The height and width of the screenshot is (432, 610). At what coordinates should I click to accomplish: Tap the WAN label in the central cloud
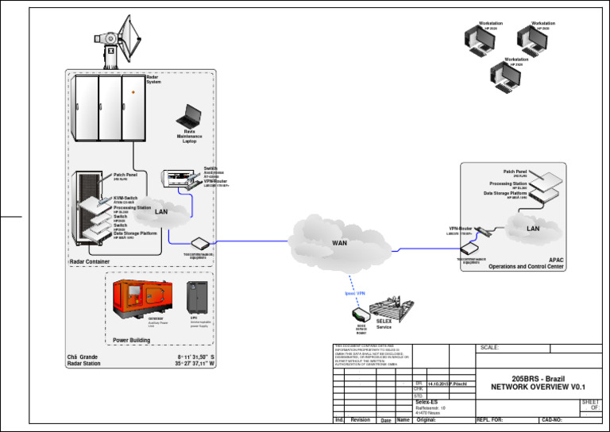click(x=339, y=242)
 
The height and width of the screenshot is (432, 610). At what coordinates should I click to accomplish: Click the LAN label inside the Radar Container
click(x=161, y=212)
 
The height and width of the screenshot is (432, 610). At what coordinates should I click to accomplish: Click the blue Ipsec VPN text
click(x=355, y=293)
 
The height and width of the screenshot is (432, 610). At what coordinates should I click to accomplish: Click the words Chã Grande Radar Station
click(x=83, y=361)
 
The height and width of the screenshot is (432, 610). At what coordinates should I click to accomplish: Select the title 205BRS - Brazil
click(x=538, y=380)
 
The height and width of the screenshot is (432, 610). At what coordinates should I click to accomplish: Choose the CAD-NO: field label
click(x=552, y=419)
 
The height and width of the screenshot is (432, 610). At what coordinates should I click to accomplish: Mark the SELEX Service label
click(x=384, y=324)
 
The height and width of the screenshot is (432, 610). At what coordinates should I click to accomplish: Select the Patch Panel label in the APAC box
click(x=515, y=171)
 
